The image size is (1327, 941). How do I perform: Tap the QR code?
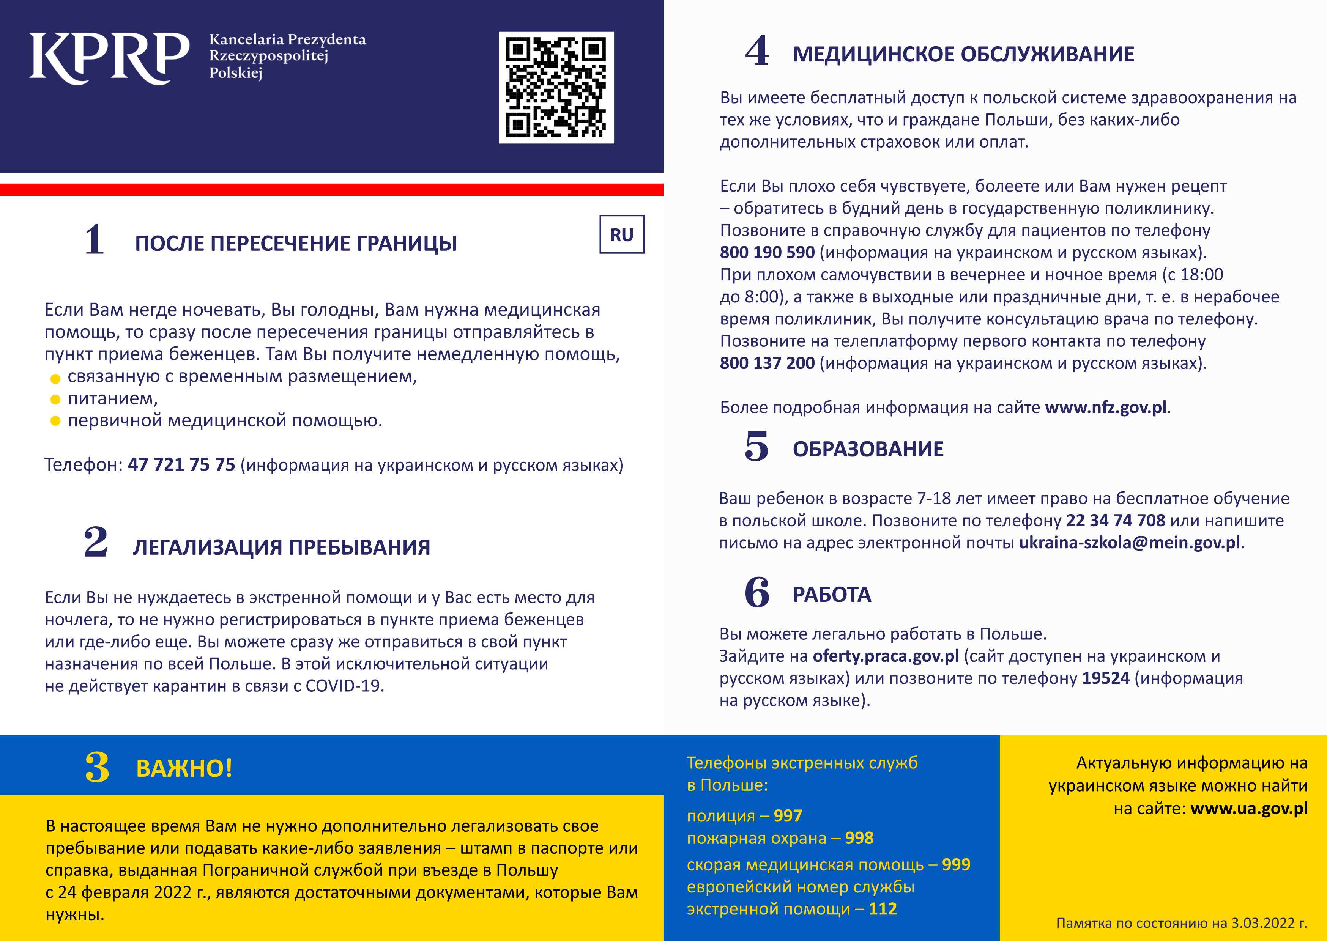coord(556,88)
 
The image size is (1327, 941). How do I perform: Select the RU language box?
coord(622,234)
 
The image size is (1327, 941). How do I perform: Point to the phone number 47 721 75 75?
coord(181,465)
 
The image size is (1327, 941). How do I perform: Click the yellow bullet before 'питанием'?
coord(56,399)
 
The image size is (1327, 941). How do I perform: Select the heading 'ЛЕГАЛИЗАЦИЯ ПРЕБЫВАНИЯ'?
coord(282,548)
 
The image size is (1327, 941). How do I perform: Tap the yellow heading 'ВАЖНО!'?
coord(184,769)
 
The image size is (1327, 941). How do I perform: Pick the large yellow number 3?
coord(97,767)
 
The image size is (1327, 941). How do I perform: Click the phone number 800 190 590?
coord(767,253)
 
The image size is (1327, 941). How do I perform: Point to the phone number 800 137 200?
coord(767,363)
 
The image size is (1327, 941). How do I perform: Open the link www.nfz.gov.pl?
coord(1106,408)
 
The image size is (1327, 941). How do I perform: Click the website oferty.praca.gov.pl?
coord(886,656)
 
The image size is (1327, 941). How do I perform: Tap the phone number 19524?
coord(1106,678)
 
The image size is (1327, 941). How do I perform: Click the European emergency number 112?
coord(883,909)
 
